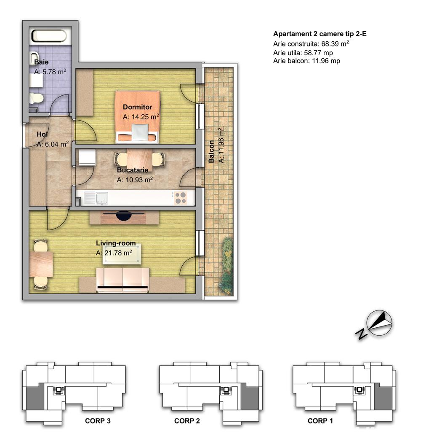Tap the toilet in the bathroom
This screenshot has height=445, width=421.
(36, 98)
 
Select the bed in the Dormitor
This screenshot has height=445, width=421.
(137, 117)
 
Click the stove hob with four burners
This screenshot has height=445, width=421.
(181, 198)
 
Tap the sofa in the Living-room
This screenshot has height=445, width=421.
(123, 280)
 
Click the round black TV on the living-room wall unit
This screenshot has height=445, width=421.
(124, 216)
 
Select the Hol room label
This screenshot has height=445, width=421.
(42, 134)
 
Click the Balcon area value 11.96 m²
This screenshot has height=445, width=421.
(221, 145)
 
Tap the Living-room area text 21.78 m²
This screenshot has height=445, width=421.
(114, 253)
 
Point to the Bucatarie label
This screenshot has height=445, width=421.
(133, 170)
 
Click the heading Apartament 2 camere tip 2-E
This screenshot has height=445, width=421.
(320, 34)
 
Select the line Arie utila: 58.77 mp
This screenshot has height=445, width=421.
(303, 53)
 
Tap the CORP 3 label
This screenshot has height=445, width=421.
(98, 421)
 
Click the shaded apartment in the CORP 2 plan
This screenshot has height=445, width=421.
(250, 398)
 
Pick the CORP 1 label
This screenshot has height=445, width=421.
(320, 421)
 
